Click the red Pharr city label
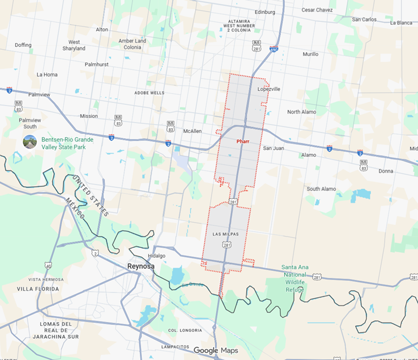(243, 141)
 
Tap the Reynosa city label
(141, 266)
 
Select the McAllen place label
(192, 131)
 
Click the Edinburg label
(264, 12)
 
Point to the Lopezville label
(269, 89)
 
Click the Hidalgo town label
(156, 255)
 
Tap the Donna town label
(386, 171)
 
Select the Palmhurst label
(97, 64)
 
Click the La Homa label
(47, 75)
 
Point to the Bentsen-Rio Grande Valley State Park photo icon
(30, 142)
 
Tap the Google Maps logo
(216, 351)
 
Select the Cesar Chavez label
(317, 10)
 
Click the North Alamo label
(302, 112)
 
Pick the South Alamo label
(321, 189)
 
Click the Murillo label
(311, 54)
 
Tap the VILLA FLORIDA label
(38, 289)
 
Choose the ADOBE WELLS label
(149, 93)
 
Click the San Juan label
(273, 148)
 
